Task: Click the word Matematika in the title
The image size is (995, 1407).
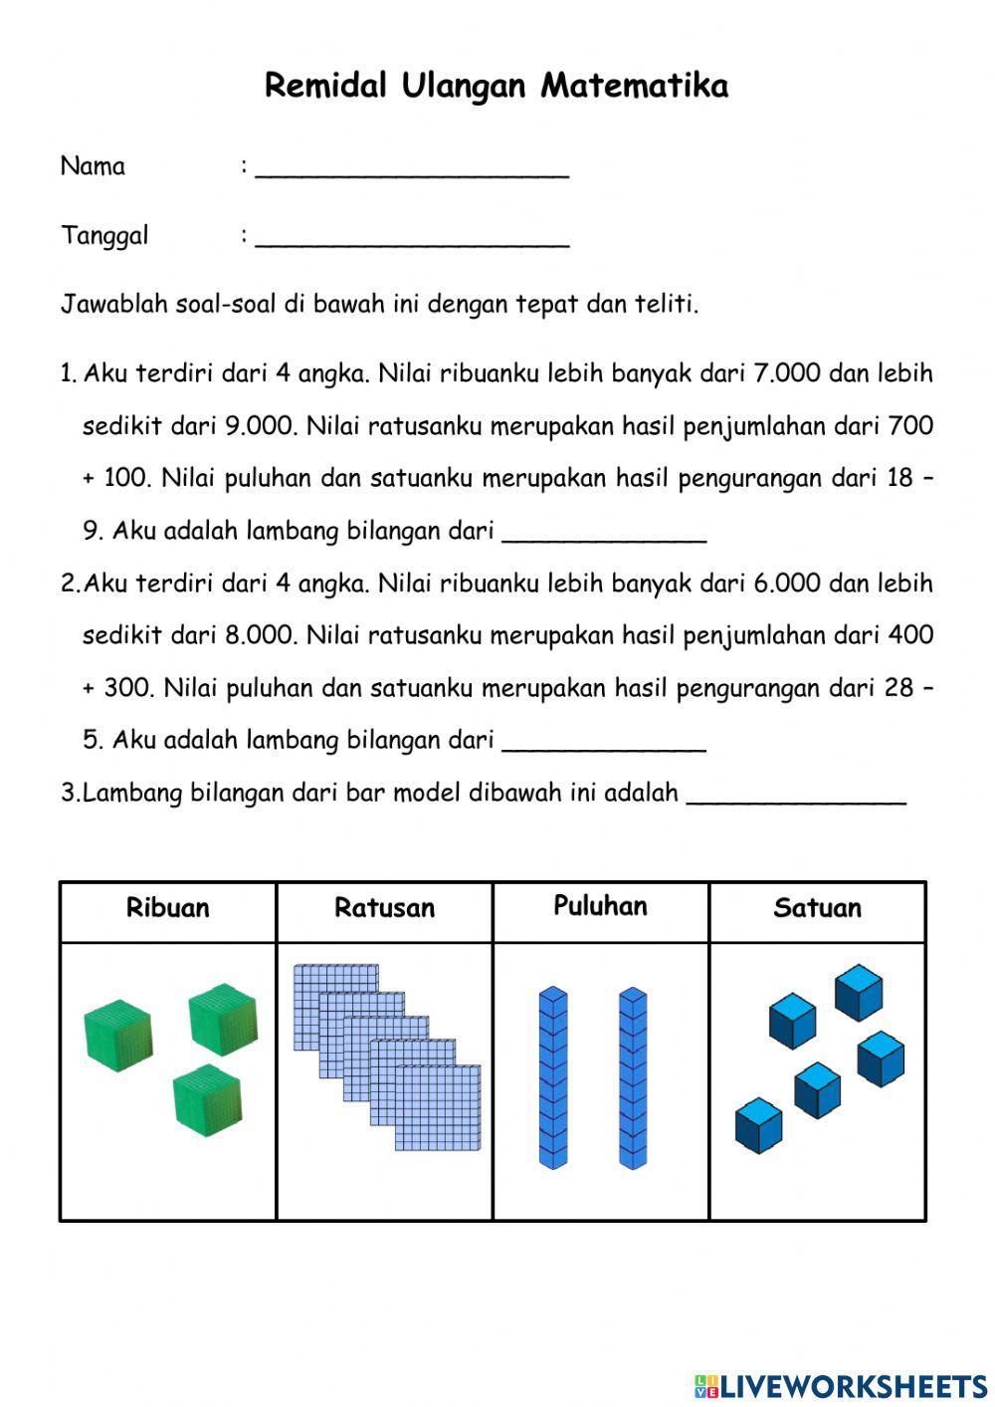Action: point(634,86)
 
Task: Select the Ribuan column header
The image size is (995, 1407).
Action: point(167,908)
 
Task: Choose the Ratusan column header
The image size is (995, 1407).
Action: point(384,908)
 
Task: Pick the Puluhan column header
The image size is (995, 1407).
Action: point(600,906)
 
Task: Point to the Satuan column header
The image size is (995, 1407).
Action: point(817,908)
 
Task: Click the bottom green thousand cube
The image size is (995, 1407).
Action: point(207,1098)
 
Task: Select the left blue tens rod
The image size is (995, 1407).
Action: point(553,1077)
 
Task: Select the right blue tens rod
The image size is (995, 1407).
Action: point(633,1077)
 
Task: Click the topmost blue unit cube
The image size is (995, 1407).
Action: point(858,992)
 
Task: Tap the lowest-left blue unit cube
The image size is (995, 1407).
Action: point(758,1126)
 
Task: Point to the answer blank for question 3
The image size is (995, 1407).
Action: point(796,797)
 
